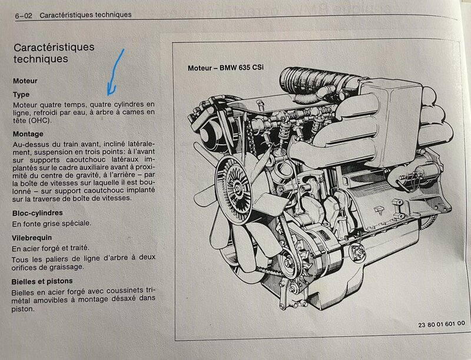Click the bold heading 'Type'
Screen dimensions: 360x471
21,94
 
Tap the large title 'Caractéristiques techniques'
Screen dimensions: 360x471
54,52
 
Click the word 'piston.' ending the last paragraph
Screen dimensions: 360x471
25,308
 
